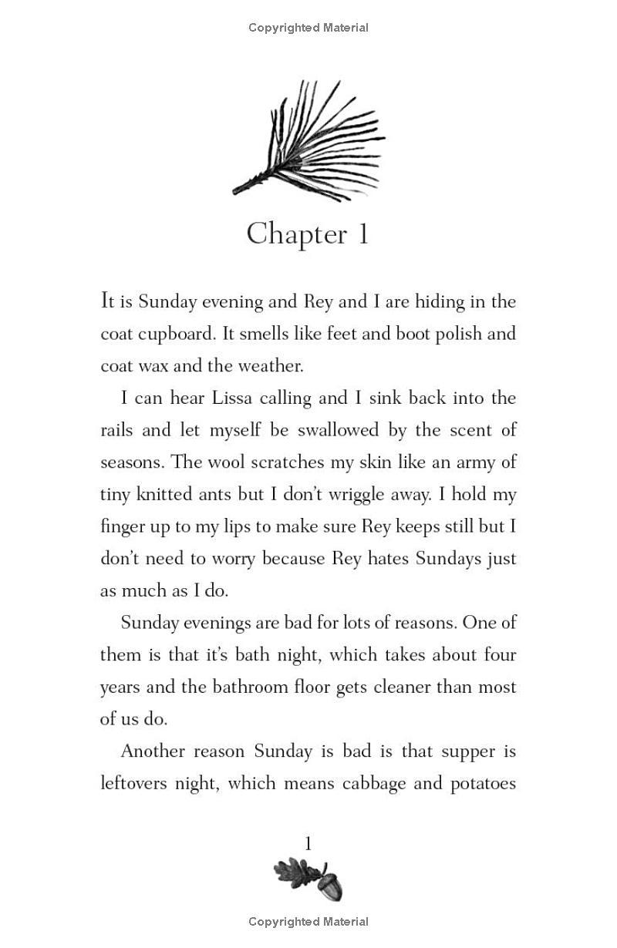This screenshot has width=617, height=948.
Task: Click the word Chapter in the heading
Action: tap(296, 234)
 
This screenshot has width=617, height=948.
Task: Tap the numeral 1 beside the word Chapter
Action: tap(362, 234)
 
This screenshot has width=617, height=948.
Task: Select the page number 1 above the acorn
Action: tap(308, 844)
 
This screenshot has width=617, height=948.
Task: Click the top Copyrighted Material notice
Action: tap(308, 28)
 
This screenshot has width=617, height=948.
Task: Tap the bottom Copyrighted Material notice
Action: tap(308, 922)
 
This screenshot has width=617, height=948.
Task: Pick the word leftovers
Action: tap(135, 784)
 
